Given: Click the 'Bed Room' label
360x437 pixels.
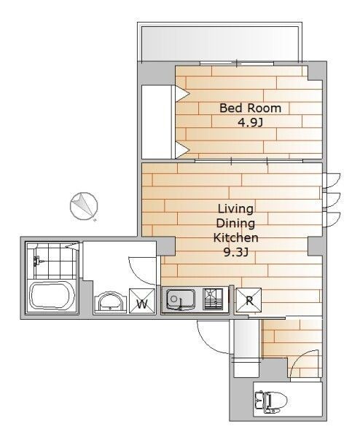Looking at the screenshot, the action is tap(250, 108).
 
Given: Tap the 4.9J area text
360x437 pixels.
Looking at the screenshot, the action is tap(250, 122).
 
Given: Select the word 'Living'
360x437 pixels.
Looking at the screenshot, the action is tap(235, 209).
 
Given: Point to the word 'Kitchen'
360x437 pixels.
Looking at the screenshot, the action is tap(235, 237).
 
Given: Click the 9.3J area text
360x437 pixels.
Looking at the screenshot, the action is tap(236, 253).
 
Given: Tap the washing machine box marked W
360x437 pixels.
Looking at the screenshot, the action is tap(142, 302).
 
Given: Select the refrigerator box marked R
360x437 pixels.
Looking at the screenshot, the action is tap(249, 300).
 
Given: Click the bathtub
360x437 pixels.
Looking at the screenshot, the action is tap(52, 296).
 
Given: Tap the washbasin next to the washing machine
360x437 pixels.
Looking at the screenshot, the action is tap(111, 303).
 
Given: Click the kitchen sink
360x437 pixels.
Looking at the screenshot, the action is tap(181, 300).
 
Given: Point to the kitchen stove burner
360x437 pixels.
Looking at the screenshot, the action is tap(214, 299).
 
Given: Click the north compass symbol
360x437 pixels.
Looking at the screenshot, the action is tap(84, 205).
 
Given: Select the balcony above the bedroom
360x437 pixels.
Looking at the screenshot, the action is tap(220, 43).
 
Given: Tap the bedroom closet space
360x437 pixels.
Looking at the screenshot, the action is tap(157, 122).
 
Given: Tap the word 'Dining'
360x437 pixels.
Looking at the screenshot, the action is tap(235, 224).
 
